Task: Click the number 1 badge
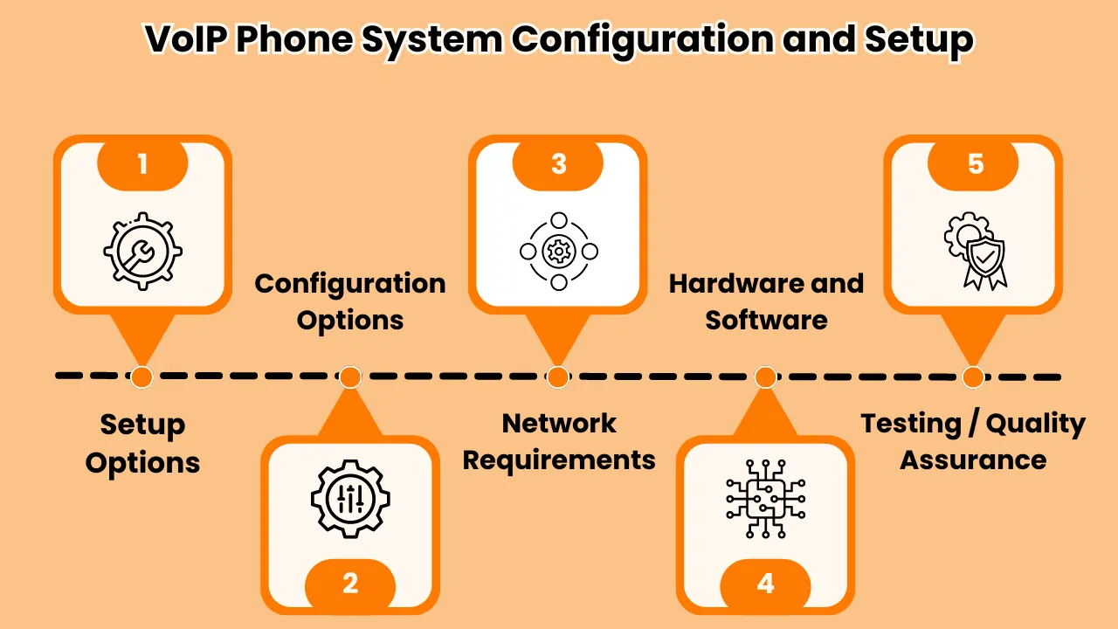click(x=142, y=163)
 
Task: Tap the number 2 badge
click(x=350, y=583)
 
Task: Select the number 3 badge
click(x=558, y=163)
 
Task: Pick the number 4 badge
click(x=766, y=583)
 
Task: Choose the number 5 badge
click(x=974, y=163)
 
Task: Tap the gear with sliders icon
click(x=350, y=499)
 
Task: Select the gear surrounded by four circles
click(x=558, y=252)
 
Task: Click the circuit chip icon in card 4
click(x=766, y=499)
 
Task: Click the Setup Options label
click(x=142, y=443)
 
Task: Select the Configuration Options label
click(x=350, y=301)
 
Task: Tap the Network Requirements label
click(x=559, y=442)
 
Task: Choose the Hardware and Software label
click(x=766, y=301)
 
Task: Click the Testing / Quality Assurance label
click(x=973, y=442)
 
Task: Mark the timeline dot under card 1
click(x=141, y=377)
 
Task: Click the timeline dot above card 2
click(x=349, y=377)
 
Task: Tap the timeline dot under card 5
click(x=972, y=377)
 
